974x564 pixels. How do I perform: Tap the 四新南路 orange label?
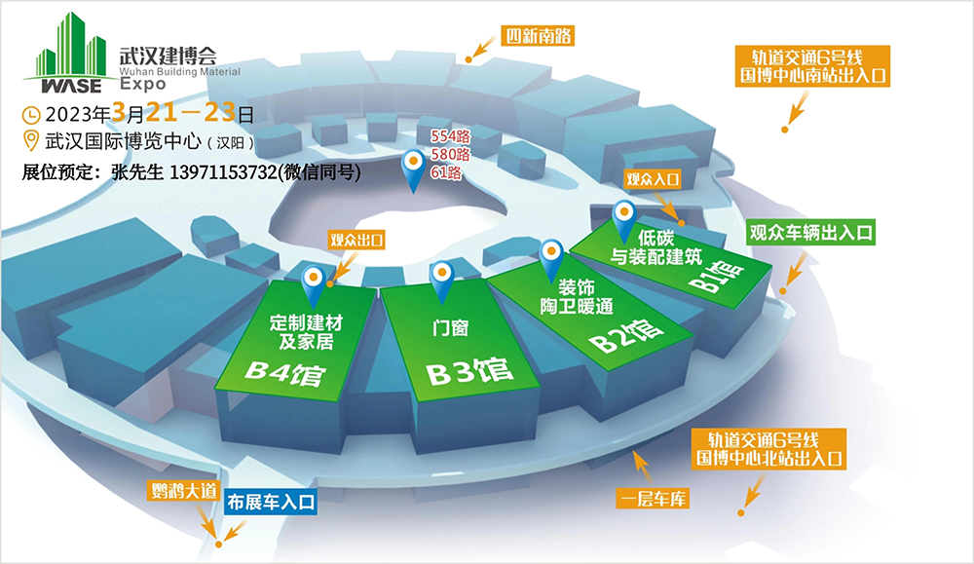pos(538,35)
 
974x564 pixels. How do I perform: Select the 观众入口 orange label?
pos(653,179)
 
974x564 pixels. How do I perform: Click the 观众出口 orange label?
pos(356,240)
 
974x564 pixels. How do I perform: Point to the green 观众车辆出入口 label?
pos(810,233)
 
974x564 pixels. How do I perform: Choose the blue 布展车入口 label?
pos(271,502)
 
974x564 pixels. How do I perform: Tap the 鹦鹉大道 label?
pos(184,491)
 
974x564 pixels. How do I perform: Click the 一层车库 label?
pos(653,499)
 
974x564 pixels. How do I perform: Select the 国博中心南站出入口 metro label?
pos(812,66)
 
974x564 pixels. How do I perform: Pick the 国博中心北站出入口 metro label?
pos(769,449)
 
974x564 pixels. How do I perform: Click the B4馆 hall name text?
pos(285,373)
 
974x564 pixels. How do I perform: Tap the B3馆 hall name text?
pos(469,372)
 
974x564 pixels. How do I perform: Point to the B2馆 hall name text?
pos(626,336)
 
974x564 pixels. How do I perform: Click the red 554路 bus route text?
pos(450,135)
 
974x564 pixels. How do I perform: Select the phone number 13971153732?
pos(223,172)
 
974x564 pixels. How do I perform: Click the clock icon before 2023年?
pos(31,115)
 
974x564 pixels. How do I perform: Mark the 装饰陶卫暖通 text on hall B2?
pos(577,297)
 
